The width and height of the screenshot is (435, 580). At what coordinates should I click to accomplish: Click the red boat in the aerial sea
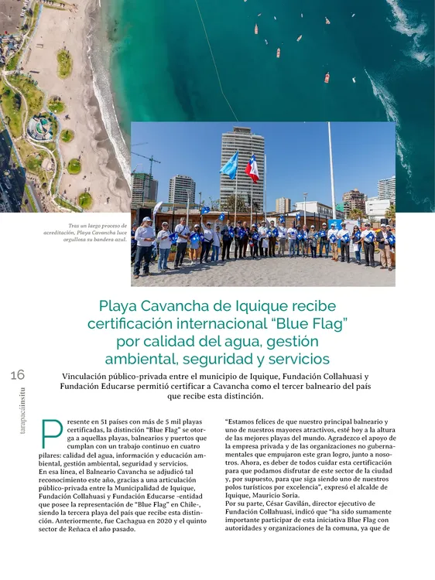point(327,78)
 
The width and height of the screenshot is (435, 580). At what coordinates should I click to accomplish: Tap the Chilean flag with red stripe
point(252,167)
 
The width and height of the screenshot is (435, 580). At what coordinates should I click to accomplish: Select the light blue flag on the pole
point(229,165)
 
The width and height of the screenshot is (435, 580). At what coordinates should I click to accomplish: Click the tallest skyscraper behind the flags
point(241,166)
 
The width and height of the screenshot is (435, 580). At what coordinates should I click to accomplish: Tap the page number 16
point(18,375)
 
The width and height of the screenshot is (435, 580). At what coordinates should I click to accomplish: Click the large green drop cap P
point(51,434)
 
